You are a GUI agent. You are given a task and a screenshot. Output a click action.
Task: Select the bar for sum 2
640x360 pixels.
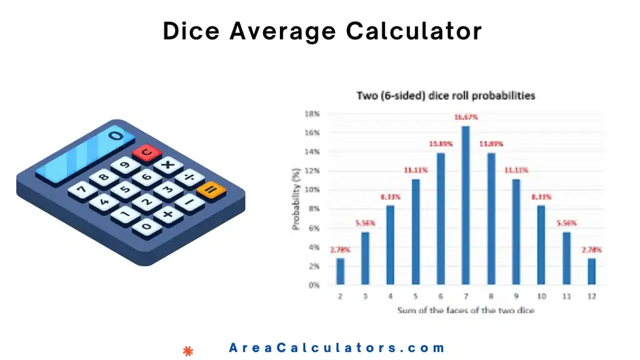(x=340, y=271)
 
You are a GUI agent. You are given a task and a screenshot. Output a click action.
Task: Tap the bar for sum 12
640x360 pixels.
(x=591, y=271)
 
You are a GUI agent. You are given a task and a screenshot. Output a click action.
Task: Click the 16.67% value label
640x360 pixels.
(x=466, y=117)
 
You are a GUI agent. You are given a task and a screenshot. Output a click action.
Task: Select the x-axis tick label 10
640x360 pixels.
(x=541, y=296)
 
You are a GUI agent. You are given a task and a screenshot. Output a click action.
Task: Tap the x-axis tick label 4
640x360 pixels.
(x=390, y=296)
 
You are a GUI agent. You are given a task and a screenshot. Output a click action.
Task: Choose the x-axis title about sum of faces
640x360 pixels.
(x=465, y=309)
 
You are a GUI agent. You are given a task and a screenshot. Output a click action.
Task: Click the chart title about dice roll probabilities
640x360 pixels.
(x=446, y=96)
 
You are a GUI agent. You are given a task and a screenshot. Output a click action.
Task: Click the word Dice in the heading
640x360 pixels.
(x=191, y=31)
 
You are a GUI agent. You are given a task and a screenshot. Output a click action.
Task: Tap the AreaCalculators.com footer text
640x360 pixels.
(x=337, y=348)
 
